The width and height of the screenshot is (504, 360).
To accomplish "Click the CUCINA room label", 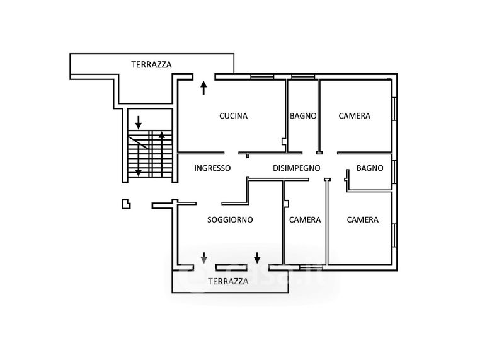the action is (x=233, y=116).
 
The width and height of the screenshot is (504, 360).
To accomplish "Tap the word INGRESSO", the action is (x=212, y=168).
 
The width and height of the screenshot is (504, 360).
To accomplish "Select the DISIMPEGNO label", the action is (x=297, y=168).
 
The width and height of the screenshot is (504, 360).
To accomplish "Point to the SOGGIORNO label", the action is (x=230, y=220).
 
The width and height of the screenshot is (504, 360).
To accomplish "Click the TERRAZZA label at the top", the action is (x=151, y=64).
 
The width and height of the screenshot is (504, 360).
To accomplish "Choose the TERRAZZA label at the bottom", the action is (x=228, y=282).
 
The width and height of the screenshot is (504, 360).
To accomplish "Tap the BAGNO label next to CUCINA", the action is (x=303, y=116).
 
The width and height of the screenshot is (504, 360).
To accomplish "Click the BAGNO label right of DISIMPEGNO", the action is (x=370, y=168).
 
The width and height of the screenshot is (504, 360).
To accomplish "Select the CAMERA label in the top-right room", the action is (x=354, y=116).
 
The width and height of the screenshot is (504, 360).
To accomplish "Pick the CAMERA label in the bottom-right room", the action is (x=363, y=220).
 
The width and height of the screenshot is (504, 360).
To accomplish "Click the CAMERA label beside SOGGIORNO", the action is (x=305, y=220).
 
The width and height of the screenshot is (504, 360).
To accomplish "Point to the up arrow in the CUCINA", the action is (x=203, y=87).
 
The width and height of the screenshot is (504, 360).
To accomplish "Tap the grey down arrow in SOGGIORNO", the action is (x=204, y=257).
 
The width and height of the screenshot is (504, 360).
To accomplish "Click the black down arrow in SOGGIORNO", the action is (x=257, y=257).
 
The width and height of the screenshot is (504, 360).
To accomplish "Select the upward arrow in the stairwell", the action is (x=162, y=136).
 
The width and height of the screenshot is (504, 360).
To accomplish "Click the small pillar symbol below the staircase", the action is (x=127, y=203).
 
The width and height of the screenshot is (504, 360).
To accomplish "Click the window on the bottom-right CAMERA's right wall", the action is (x=394, y=235).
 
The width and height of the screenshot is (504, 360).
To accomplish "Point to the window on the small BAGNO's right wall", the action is (x=394, y=169).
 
